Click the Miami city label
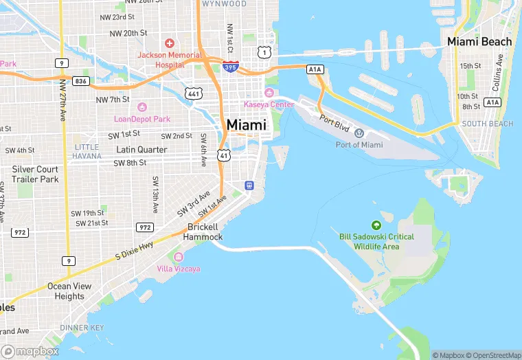(x=247, y=125)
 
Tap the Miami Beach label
(x=479, y=42)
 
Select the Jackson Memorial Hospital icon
(x=170, y=44)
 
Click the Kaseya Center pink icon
(x=269, y=93)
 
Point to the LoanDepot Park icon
(x=142, y=107)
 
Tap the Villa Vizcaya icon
(x=179, y=257)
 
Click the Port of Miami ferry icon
(x=359, y=133)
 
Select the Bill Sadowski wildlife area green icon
(x=376, y=225)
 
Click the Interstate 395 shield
(x=231, y=67)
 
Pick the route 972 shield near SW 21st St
(x=144, y=227)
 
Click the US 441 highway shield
(x=195, y=91)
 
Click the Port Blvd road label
(x=334, y=122)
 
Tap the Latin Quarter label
(x=141, y=149)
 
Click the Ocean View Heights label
(x=70, y=291)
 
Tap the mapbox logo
(x=30, y=351)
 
